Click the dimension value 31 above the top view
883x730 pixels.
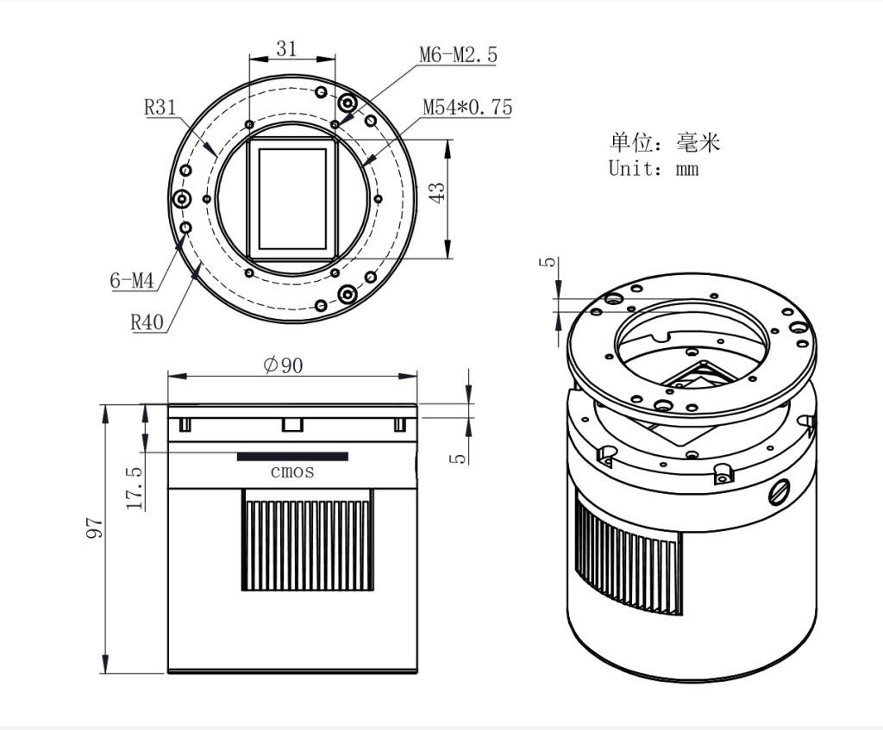[285, 49]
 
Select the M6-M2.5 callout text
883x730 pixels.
[458, 55]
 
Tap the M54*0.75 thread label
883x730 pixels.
[467, 108]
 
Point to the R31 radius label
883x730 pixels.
[160, 108]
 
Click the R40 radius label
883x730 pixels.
[147, 322]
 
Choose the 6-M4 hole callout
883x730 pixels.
[131, 280]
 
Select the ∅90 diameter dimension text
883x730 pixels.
[284, 365]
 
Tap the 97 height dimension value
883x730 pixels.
[94, 528]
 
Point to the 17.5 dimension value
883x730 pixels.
[135, 488]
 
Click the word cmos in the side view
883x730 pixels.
[292, 471]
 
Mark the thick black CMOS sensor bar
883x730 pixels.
[292, 456]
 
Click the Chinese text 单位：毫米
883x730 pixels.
[664, 141]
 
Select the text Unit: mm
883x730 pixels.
[653, 169]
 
